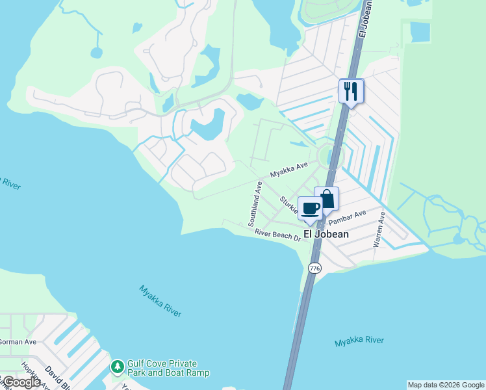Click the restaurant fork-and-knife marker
[x=352, y=91]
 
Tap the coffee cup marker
[x=310, y=209]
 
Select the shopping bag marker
[x=327, y=200]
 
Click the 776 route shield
[x=314, y=268]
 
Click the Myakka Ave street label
[x=289, y=170]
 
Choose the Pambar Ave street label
[x=352, y=216]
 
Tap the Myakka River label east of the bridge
[x=359, y=341]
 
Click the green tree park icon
[x=117, y=368]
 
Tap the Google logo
[x=21, y=382]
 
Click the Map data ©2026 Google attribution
[x=446, y=385]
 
